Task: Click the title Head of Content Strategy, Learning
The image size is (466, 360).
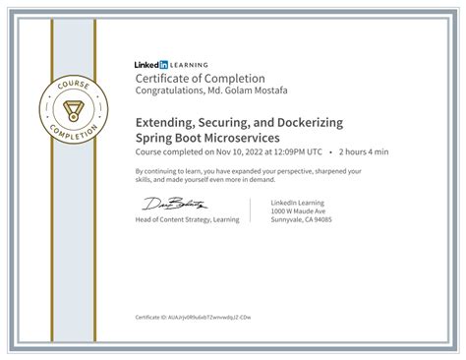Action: [187, 219]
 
